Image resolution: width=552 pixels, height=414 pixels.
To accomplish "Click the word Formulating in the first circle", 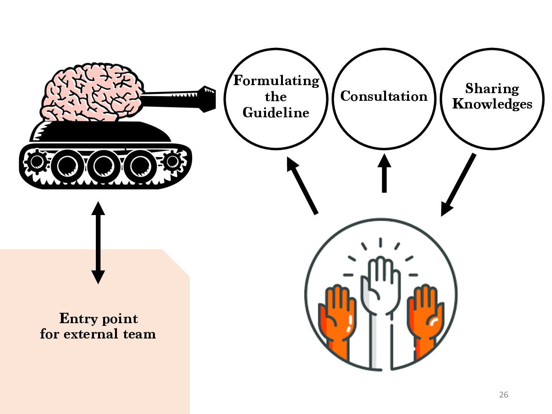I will pos(276,81).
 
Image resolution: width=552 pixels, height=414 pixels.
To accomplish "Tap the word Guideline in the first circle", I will pos(276,113).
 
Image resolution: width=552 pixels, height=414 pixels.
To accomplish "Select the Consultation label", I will pos(384,96).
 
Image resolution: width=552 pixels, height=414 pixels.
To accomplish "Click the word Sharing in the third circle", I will pos(492,89).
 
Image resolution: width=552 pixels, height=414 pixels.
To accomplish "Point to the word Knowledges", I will pos(492,104).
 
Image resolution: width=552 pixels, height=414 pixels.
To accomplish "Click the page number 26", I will pos(503,394).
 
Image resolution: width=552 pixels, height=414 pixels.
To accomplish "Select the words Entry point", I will pos(99,319).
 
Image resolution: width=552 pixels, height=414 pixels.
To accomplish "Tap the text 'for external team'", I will pos(98,334).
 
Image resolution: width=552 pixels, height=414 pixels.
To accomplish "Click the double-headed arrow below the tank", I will pos(98,242).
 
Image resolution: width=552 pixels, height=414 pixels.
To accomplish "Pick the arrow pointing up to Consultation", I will pos(384,173).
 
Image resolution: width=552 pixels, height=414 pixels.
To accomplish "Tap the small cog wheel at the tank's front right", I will pos(172,161).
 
